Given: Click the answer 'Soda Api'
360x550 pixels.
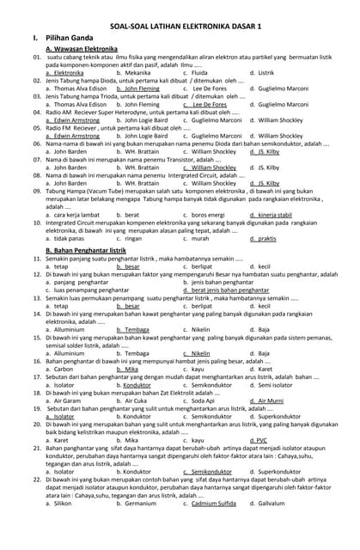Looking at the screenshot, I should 203,400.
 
